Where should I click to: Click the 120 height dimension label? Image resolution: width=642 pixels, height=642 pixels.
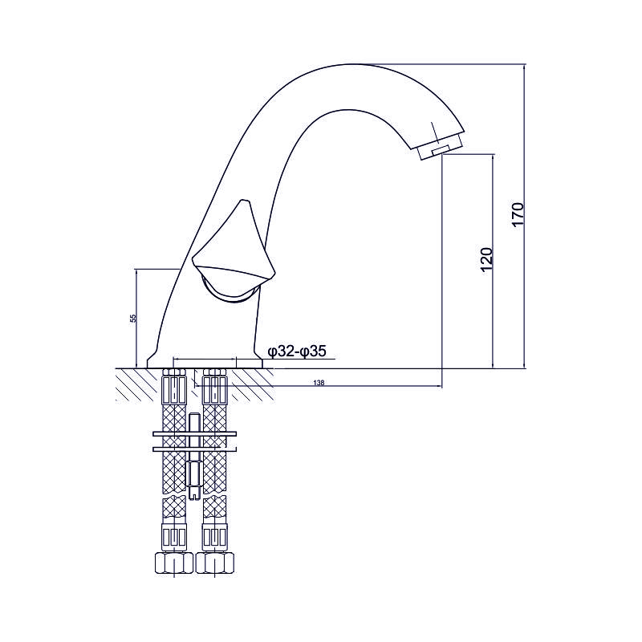[x=486, y=258]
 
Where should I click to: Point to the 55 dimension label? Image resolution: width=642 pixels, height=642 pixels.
[x=132, y=318]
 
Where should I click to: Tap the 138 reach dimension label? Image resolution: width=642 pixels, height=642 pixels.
[x=319, y=383]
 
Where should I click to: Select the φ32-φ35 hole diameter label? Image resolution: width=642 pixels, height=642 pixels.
[x=297, y=351]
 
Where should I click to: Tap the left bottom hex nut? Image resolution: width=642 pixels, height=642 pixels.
[x=174, y=563]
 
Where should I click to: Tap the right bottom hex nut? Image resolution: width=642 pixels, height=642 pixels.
[x=215, y=563]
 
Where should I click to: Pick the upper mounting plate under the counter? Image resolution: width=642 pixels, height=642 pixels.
[x=194, y=433]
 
